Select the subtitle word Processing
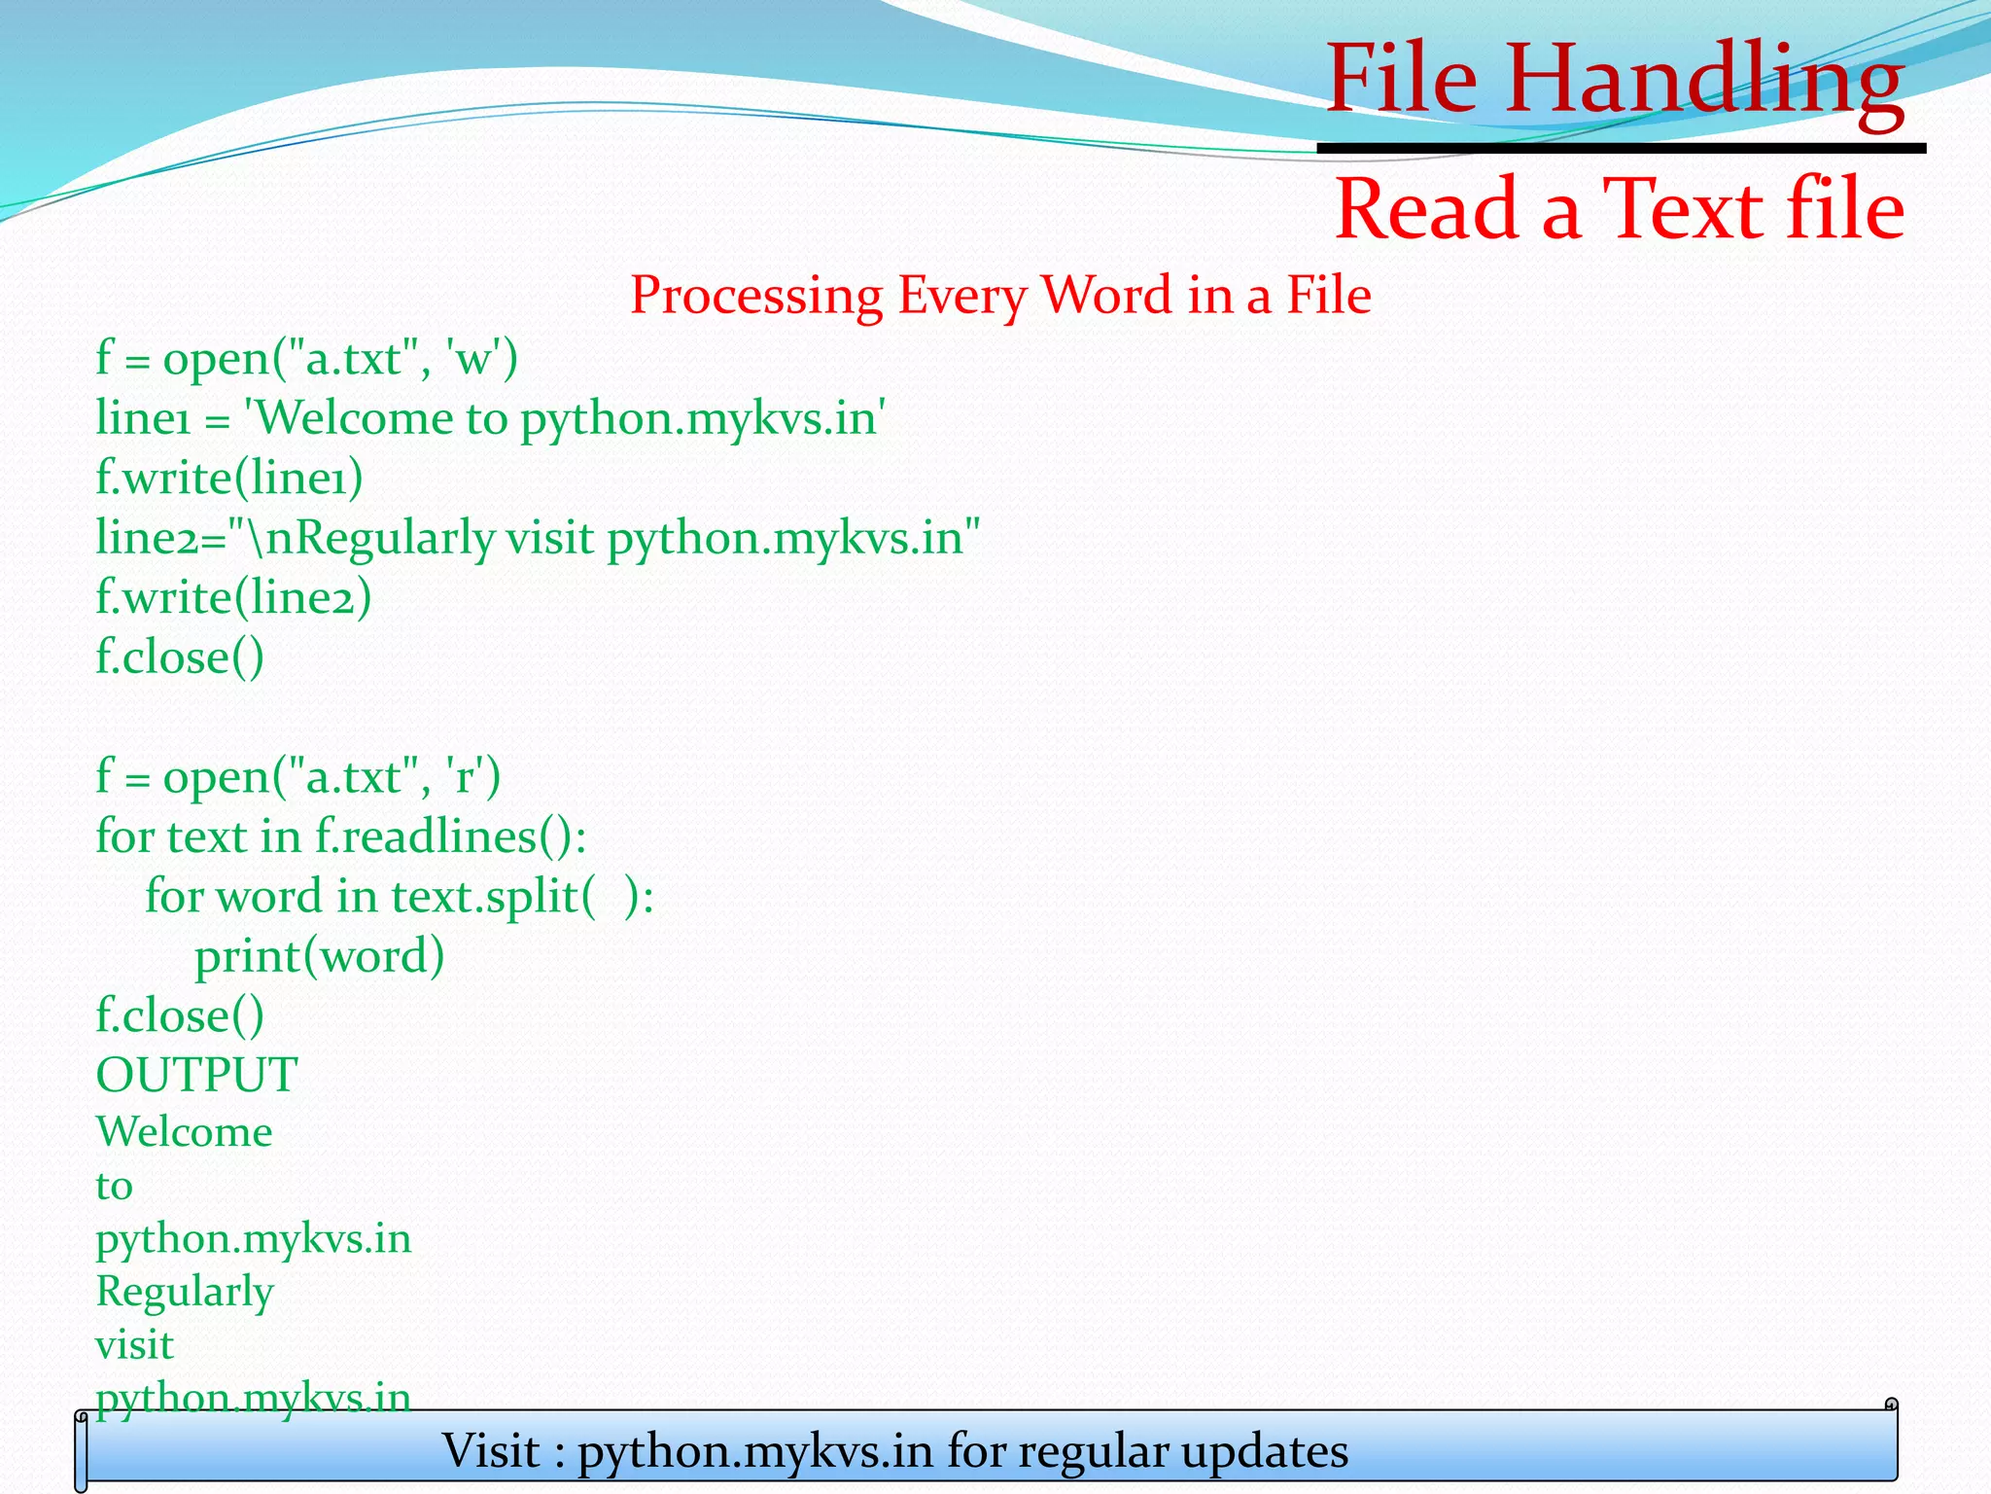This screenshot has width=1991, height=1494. (756, 295)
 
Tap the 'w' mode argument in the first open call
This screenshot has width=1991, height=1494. (473, 359)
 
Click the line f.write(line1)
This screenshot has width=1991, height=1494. (229, 478)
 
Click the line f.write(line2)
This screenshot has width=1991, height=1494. (233, 597)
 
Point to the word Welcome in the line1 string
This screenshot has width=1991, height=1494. (356, 418)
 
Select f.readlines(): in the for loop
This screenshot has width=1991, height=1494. (450, 836)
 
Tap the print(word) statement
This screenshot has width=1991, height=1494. (319, 956)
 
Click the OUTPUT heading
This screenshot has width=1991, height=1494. (196, 1075)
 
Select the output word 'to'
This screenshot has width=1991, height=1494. (114, 1186)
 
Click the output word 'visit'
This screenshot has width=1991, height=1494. (134, 1345)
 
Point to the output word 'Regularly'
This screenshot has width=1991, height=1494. (185, 1292)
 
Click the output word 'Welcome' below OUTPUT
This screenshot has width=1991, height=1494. (184, 1132)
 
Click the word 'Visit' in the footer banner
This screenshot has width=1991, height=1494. (491, 1451)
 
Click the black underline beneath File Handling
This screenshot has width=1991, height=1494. (1621, 148)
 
